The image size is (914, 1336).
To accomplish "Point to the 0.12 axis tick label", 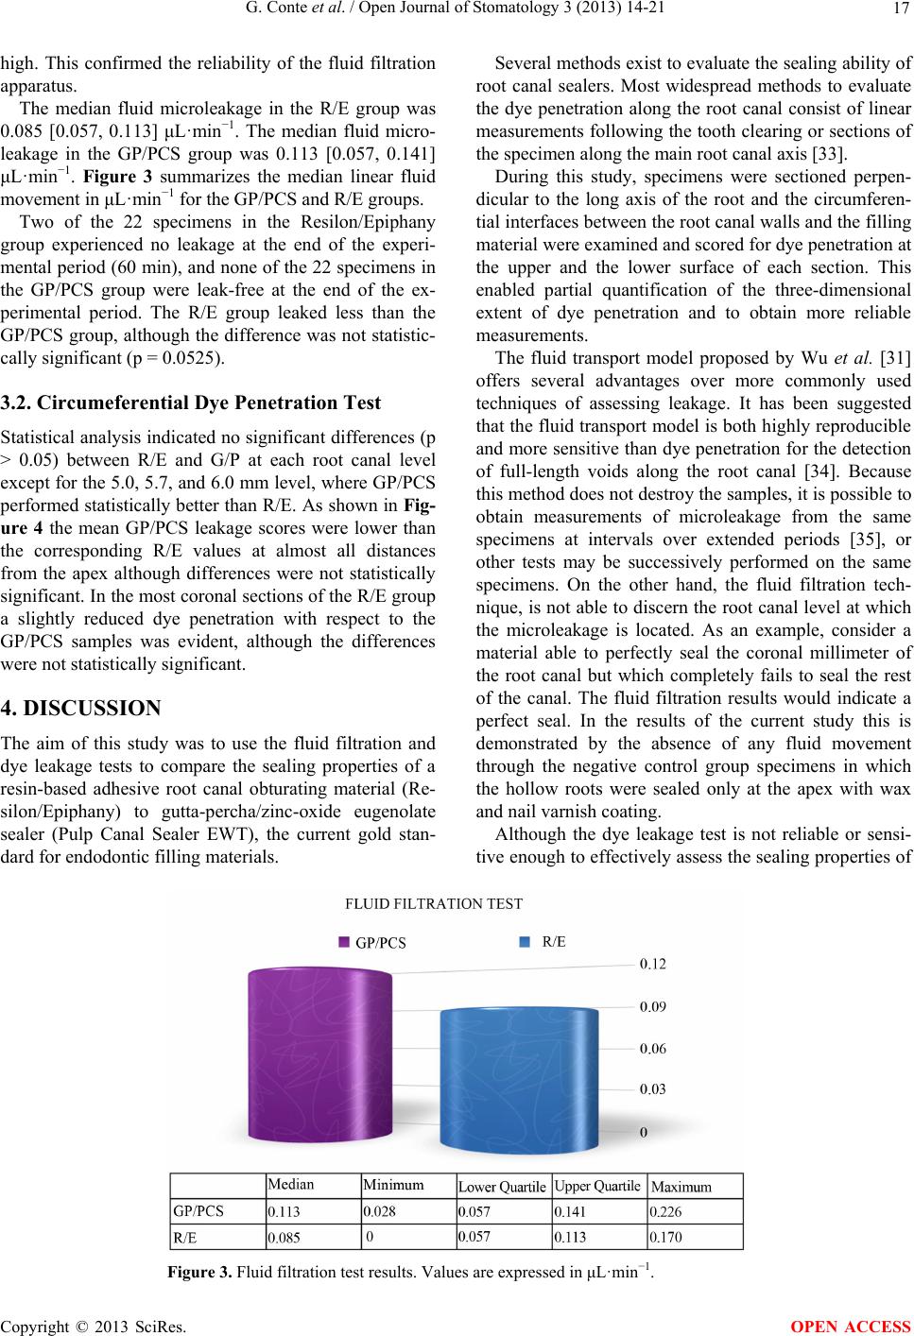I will [653, 965].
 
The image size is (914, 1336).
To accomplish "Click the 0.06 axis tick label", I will [653, 1048].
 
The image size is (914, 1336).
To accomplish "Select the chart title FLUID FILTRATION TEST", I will [434, 903].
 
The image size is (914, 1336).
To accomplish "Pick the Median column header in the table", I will [291, 1184].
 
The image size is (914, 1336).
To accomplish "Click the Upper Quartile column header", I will [597, 1185].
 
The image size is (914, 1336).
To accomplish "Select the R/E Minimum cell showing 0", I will [370, 1234].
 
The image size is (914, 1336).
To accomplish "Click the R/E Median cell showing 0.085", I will [285, 1236].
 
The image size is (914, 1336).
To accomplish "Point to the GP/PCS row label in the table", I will [198, 1209].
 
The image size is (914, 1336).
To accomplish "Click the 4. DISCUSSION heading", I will [81, 682].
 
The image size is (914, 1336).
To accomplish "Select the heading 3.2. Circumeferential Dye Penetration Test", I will [190, 403].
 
